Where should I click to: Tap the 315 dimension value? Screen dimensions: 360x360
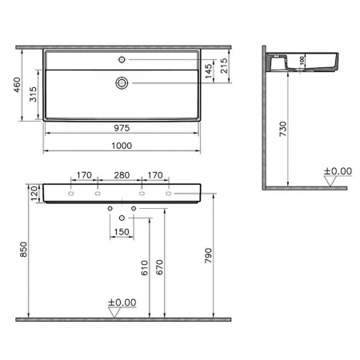point(34,94)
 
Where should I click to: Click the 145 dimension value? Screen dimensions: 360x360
point(210,70)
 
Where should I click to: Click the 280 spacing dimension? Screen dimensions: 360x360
point(122,174)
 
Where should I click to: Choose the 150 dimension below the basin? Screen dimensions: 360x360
point(122,233)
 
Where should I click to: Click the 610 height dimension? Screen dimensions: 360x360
point(144,267)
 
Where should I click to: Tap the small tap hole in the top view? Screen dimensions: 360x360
point(122,58)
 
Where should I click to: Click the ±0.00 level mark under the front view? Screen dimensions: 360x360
point(121,303)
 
